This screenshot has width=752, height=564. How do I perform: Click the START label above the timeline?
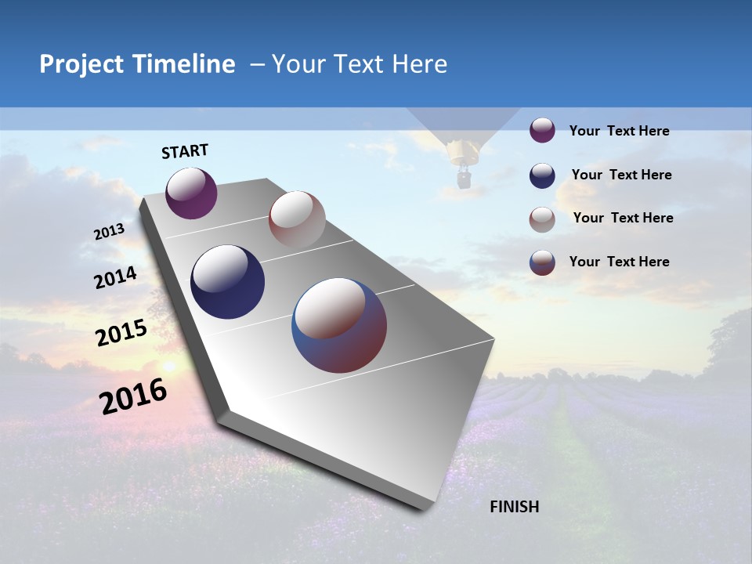(x=185, y=151)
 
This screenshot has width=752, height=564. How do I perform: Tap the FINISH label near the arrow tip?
(x=514, y=507)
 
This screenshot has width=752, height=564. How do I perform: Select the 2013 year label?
(x=110, y=232)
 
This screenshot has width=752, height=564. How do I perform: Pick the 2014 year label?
(x=115, y=278)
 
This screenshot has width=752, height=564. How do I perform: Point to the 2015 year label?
(x=121, y=333)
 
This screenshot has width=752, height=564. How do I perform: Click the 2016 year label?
(x=133, y=396)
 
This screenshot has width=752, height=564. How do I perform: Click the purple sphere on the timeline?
(x=191, y=193)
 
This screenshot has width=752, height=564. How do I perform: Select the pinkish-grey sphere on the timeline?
(x=297, y=219)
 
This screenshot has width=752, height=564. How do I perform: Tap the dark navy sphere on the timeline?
(x=228, y=282)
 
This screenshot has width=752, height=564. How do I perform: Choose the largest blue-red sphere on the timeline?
(x=339, y=325)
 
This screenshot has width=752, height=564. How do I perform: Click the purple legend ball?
(x=542, y=130)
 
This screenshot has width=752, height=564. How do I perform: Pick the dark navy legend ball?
(x=542, y=175)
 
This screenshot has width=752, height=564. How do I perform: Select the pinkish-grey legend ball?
(x=542, y=219)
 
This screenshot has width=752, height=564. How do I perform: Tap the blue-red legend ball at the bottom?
(x=542, y=262)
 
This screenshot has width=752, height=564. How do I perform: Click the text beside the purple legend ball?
(x=619, y=132)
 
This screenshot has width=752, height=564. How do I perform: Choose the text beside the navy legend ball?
(x=621, y=175)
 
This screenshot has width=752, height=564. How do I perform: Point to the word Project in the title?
(x=81, y=64)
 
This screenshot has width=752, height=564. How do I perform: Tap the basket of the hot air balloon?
(x=464, y=181)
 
